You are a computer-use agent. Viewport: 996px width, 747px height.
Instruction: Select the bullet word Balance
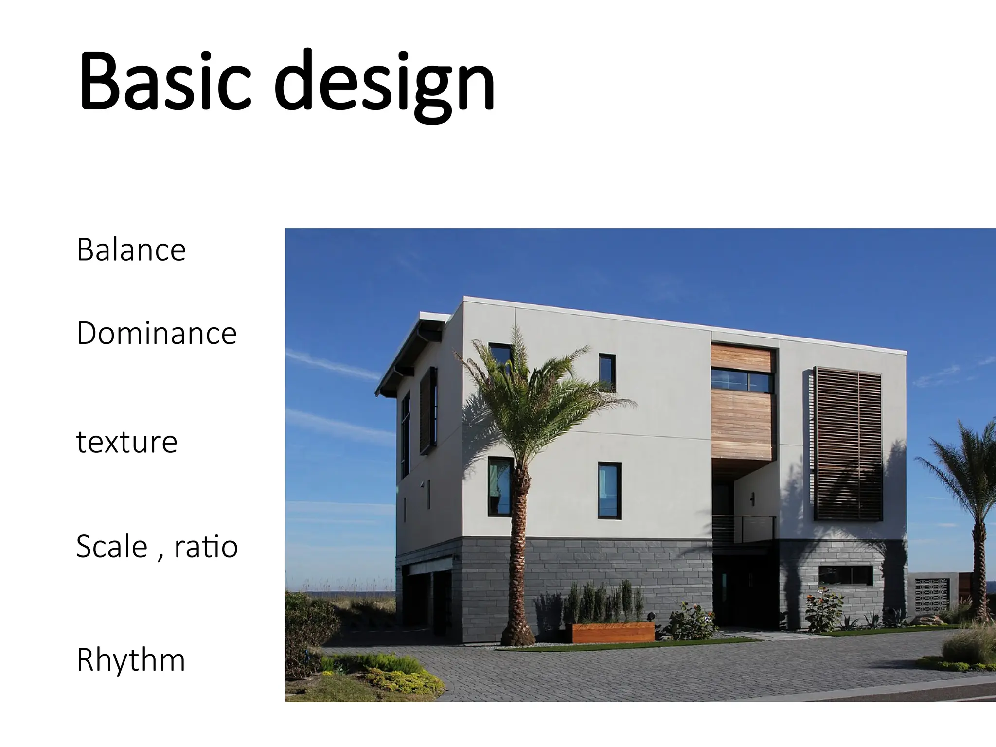coord(131,250)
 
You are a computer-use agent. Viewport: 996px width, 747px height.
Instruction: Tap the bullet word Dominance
coord(157,334)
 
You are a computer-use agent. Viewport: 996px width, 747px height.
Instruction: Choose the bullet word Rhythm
coord(131,660)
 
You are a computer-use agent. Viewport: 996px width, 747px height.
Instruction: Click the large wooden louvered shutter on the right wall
coord(848,444)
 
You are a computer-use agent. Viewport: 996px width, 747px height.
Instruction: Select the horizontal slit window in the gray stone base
coord(846,575)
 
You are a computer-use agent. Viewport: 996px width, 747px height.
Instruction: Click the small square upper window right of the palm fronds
coord(607,373)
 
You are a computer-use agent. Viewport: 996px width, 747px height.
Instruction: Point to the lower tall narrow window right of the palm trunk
coord(609,490)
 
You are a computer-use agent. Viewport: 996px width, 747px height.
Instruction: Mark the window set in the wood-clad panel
coord(742,380)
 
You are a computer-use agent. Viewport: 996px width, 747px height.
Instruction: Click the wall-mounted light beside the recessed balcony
coord(752,498)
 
